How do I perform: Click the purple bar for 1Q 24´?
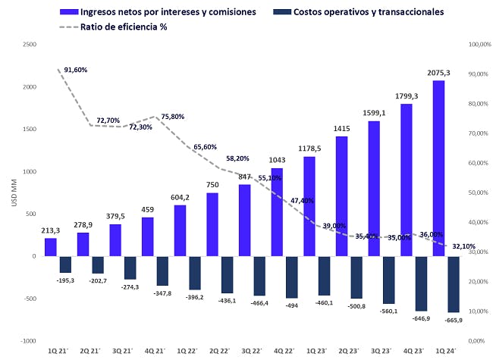tap(438, 168)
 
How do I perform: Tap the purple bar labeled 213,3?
tap(51, 247)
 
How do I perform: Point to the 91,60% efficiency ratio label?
tap(76, 70)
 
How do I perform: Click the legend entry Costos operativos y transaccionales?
tap(370, 11)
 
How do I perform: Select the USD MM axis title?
tap(10, 193)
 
